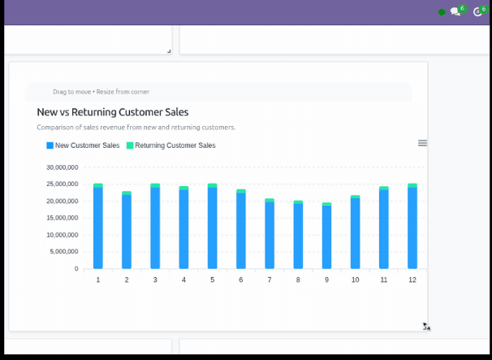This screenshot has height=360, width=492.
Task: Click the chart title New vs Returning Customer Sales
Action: [x=113, y=112]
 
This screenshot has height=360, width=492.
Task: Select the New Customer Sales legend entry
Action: [x=83, y=145]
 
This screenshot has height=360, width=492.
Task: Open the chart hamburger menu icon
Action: [x=422, y=143]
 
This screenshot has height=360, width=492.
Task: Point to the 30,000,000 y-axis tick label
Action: [x=62, y=167]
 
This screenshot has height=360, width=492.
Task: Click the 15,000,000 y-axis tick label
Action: [x=62, y=218]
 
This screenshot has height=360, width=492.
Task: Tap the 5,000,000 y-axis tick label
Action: [x=64, y=251]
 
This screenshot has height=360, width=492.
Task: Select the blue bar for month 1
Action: [x=98, y=228]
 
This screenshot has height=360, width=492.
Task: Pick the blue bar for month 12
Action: [x=412, y=228]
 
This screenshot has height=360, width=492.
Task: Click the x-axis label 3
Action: [x=155, y=280]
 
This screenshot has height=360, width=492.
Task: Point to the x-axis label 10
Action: [x=355, y=280]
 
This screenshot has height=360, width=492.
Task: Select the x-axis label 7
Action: [x=270, y=280]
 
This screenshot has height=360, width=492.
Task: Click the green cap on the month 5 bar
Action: [x=213, y=185]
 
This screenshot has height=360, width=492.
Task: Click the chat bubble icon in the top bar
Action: [x=455, y=12]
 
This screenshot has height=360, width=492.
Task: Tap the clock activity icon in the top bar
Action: [x=477, y=12]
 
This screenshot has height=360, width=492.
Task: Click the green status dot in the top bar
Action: [x=442, y=12]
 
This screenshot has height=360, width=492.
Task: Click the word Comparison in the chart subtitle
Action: [x=54, y=128]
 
